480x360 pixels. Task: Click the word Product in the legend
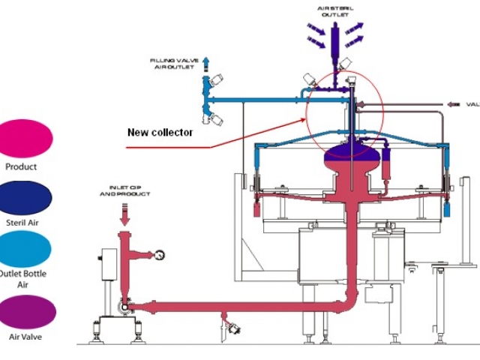tap(21, 167)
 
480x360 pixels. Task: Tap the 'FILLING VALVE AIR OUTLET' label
tap(175, 61)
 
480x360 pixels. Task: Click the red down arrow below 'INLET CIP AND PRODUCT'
tap(124, 214)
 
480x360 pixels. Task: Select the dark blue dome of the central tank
tap(348, 157)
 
